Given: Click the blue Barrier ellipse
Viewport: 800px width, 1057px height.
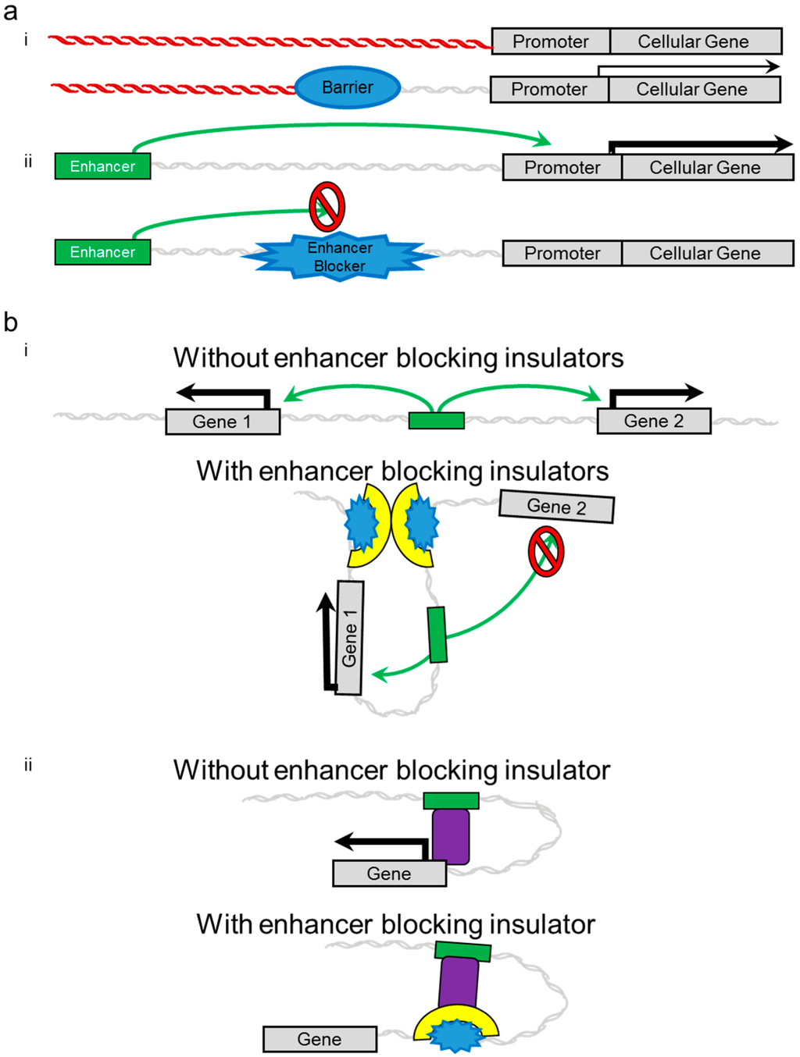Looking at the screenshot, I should pos(348,87).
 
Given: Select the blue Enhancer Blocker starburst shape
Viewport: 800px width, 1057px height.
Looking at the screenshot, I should pos(340,256).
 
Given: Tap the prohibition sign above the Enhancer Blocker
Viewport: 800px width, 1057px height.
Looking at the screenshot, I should pos(327,207).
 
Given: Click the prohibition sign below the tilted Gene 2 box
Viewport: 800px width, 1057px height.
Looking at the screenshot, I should pos(546,552).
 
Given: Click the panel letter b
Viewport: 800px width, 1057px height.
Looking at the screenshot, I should pos(10,322).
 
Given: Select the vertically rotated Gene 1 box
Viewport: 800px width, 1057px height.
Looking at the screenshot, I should pos(349,638).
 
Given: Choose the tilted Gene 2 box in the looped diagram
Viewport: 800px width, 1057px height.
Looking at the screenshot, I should pos(556,507).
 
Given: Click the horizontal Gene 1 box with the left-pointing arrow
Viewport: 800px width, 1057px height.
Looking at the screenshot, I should pos(223,422).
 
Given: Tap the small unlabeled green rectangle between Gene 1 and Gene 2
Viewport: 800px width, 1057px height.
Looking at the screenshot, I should pos(437,421).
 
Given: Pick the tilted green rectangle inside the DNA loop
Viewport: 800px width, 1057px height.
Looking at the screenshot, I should pos(437,635).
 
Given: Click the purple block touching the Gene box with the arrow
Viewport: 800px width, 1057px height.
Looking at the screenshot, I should pos(451,836).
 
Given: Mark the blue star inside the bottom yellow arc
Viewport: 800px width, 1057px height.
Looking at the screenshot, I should pos(455,1035).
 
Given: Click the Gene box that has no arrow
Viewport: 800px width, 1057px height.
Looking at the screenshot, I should pos(320,1039).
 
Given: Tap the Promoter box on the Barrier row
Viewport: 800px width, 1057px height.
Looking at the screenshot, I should pos(548,90).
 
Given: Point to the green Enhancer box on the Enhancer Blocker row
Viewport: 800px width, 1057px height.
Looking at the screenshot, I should pos(102,252).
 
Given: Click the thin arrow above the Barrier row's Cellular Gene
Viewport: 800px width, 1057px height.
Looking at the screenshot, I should pos(687,68).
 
